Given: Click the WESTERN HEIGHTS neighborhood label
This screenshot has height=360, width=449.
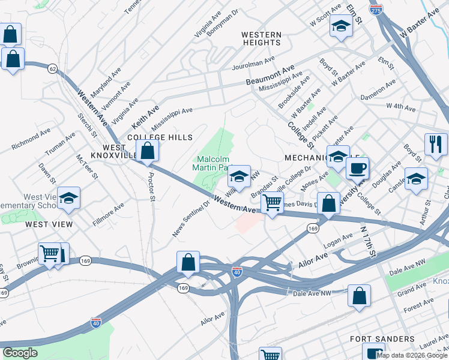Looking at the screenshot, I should pos(262,39).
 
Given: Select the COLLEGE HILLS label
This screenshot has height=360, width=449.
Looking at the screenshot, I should pos(160,137).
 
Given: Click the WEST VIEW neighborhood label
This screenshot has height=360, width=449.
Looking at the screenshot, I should pos(49,224).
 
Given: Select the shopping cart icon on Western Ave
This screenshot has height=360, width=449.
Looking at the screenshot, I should pos(272,203).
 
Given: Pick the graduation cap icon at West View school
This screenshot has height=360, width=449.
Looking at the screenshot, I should pos(69,199).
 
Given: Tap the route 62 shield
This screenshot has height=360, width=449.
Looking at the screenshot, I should pos(53,70).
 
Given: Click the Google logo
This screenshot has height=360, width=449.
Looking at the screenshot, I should pos(20,353).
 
